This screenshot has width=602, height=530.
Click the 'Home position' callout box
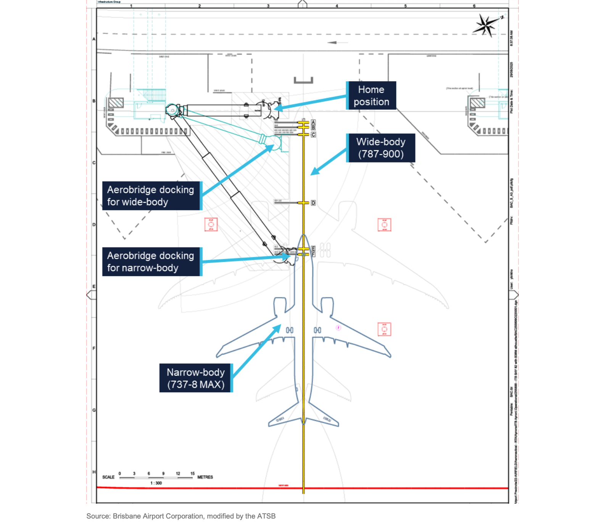pos(371,96)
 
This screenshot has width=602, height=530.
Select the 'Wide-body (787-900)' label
pos(381,148)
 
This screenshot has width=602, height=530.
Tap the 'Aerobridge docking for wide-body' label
pos(151,196)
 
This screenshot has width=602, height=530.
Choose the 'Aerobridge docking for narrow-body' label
pos(151,262)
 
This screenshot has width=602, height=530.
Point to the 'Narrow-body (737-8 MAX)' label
pos(196,378)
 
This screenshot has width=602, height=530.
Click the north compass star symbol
pos(486,26)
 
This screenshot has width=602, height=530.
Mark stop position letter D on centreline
pos(313,203)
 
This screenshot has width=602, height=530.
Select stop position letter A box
pos(313,122)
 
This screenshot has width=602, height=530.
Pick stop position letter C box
pos(313,135)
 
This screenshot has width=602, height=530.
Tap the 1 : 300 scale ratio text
pos(156,483)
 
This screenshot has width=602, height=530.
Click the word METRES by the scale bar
pos(205,477)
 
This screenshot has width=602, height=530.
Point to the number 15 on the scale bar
pos(193,474)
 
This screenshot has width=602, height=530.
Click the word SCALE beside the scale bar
pos(108,477)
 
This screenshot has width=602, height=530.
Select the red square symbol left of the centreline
pos(211,225)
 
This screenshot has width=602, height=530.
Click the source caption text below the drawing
pos(181,516)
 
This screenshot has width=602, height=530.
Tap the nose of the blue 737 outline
pos(303,236)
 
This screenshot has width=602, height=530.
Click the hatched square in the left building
pos(116,103)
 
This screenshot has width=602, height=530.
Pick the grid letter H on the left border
pos(94,472)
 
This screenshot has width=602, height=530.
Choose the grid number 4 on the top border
pos(336,6)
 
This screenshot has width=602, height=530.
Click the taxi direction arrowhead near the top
pos(332,42)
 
